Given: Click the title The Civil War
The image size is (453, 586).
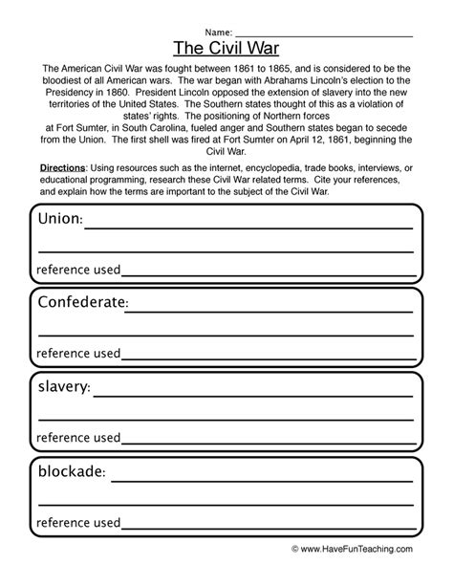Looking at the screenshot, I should [226, 48].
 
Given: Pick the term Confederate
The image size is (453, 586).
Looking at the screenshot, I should [81, 304].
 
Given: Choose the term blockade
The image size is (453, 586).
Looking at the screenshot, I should [71, 471].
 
